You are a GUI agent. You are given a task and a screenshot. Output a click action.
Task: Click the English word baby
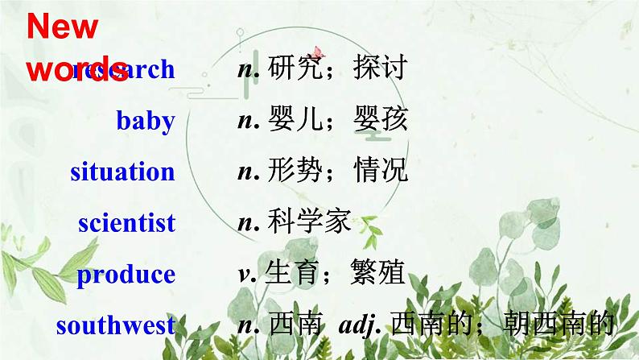click(x=146, y=121)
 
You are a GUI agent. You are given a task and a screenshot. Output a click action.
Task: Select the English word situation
click(x=122, y=172)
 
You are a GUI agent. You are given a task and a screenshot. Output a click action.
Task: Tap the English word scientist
click(x=126, y=223)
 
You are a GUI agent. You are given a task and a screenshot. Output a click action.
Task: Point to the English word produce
click(x=126, y=275)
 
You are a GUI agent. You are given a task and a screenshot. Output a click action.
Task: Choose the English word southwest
click(x=116, y=325)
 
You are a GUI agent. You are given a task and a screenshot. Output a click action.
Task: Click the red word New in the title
click(x=63, y=27)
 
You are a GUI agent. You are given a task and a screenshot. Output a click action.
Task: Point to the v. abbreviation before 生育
click(x=245, y=275)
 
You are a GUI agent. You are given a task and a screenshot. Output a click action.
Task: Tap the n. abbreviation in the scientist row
click(x=245, y=223)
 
